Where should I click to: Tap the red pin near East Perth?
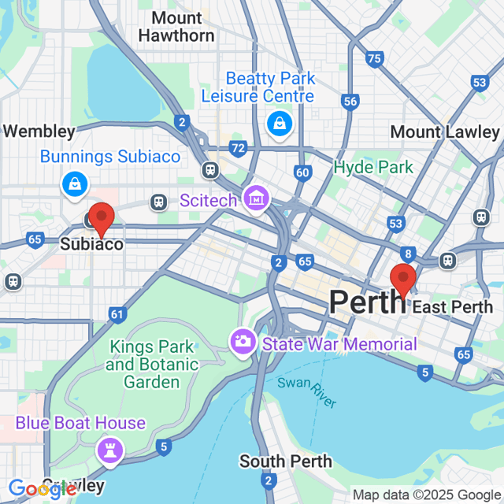pyautogui.click(x=403, y=280)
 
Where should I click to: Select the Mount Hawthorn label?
pyautogui.click(x=176, y=27)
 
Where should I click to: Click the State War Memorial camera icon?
pyautogui.click(x=241, y=342)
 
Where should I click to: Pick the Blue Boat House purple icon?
pyautogui.click(x=107, y=450)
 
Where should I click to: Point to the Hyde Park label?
pyautogui.click(x=373, y=167)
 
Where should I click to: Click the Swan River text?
pyautogui.click(x=306, y=392)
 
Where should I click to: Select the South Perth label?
pyautogui.click(x=286, y=461)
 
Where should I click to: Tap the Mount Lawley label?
pyautogui.click(x=445, y=132)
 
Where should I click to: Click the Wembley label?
pyautogui.click(x=39, y=132)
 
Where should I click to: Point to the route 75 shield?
pyautogui.click(x=374, y=58)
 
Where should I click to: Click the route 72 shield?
pyautogui.click(x=237, y=147)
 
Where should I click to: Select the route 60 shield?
pyautogui.click(x=303, y=172)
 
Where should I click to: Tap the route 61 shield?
pyautogui.click(x=117, y=315)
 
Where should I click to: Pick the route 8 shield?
pyautogui.click(x=407, y=253)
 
